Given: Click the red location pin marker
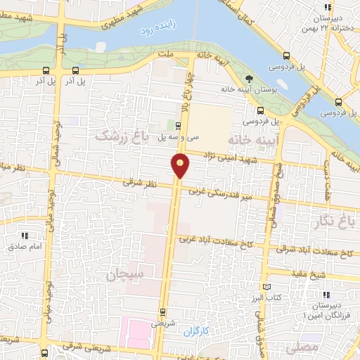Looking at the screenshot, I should (181, 165).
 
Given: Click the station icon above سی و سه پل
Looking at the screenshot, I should (177, 127).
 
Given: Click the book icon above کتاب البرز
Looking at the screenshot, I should (266, 287).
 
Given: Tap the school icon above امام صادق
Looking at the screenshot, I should (25, 236).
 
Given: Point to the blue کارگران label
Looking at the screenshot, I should (199, 329).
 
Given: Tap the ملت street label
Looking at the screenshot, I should (166, 53).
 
